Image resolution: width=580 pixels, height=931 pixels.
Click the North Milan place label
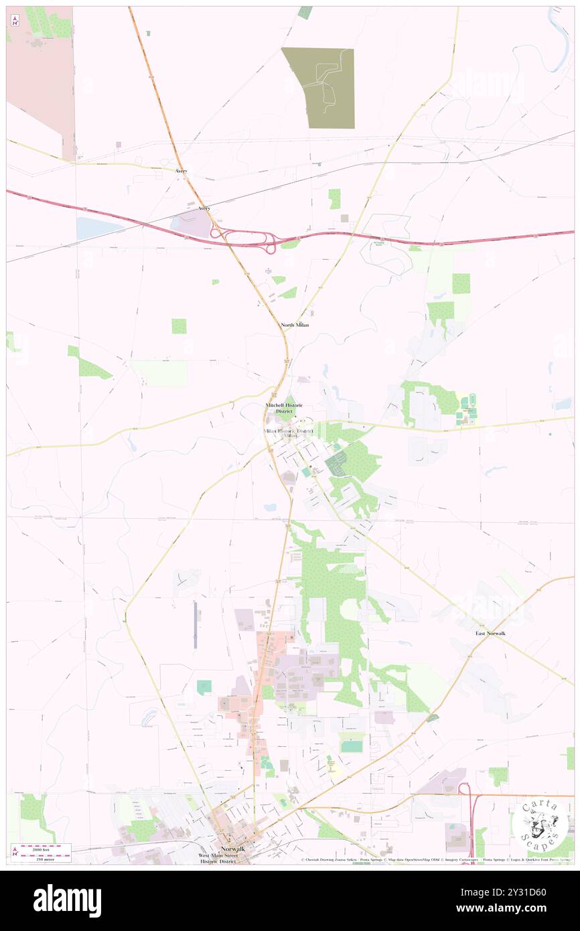(294, 325)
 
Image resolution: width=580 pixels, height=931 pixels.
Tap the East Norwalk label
(490, 633)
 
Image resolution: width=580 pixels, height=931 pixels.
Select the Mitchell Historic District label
(284, 408)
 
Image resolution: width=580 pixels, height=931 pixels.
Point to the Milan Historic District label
(289, 430)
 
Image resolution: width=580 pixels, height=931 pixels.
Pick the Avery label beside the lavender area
(204, 208)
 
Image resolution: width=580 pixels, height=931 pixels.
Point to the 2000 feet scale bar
(42, 847)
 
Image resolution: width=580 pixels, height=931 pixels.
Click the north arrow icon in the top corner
(15, 20)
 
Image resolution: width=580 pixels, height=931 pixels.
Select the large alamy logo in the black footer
(67, 900)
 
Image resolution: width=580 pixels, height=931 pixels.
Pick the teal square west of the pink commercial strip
(204, 687)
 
